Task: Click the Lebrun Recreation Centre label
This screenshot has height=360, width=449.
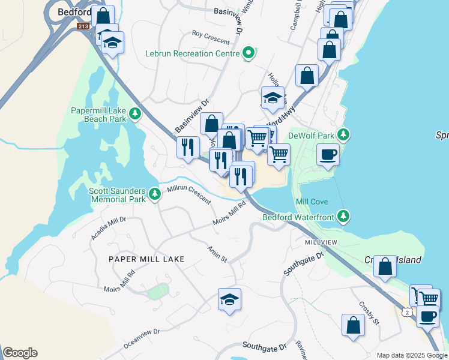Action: click(x=192, y=53)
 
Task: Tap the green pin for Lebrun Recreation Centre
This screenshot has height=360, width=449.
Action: click(x=247, y=54)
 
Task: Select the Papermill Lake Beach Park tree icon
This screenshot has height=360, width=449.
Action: click(x=136, y=113)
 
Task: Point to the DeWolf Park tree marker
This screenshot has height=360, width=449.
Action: click(x=343, y=134)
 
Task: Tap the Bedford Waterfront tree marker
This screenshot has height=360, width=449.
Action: click(x=343, y=215)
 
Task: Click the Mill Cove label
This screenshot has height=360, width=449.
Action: click(x=312, y=202)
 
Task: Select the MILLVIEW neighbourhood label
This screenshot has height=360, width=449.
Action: click(x=322, y=242)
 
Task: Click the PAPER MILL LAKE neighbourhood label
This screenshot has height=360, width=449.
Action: click(x=146, y=259)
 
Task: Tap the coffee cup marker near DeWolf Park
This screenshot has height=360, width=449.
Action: click(x=328, y=154)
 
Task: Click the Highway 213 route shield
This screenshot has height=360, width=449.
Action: click(x=83, y=26)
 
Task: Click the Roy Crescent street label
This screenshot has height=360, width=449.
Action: click(x=211, y=37)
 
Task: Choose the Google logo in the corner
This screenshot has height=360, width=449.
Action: click(x=20, y=353)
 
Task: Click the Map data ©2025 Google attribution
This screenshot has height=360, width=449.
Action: click(x=411, y=355)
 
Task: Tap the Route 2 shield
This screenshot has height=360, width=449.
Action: click(x=408, y=312)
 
